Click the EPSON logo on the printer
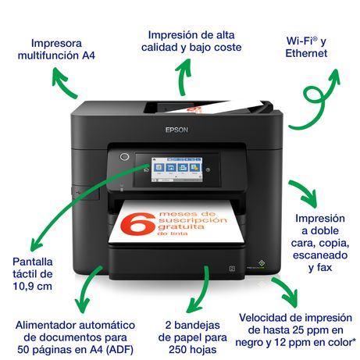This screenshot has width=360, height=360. (176, 130)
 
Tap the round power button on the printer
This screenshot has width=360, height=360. (124, 157)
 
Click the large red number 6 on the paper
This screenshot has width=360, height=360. (138, 224)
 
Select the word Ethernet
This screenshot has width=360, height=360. (306, 53)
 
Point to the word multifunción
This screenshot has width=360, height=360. (48, 55)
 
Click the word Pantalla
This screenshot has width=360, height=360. (33, 262)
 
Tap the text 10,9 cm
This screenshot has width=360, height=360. (33, 286)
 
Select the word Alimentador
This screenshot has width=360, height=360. (45, 325)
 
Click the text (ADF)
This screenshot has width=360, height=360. (119, 350)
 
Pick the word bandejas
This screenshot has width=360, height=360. (197, 326)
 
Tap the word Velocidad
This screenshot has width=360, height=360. (264, 318)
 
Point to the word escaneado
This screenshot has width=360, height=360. (320, 255)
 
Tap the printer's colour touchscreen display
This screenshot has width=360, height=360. (176, 169)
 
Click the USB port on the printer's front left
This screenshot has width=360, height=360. (79, 192)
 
